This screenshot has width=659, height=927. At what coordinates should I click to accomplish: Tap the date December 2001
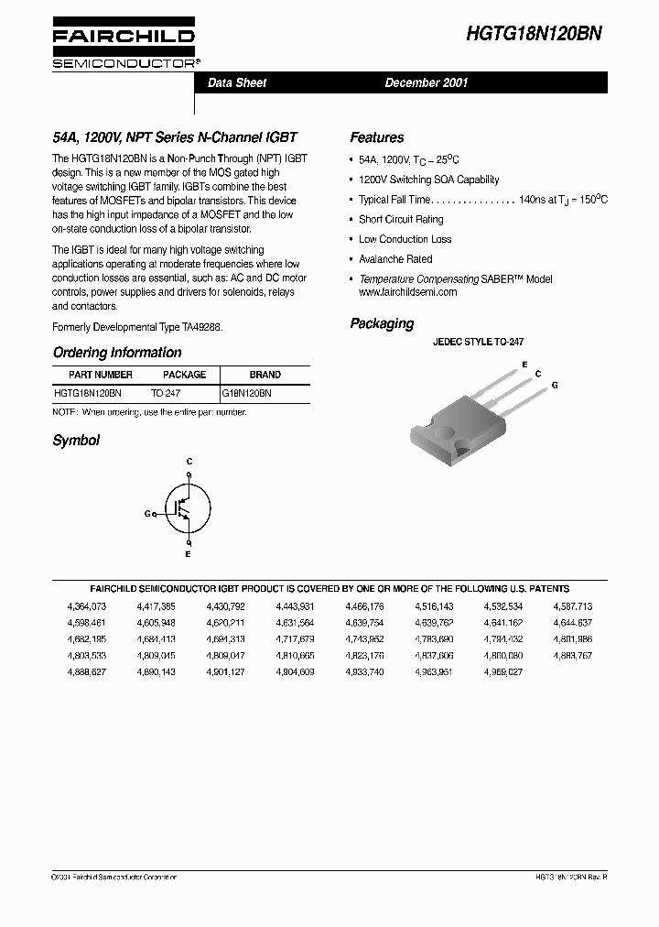tap(427, 82)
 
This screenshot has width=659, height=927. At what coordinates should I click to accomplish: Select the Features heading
tap(376, 137)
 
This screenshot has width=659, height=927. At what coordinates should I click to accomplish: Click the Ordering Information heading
tap(117, 353)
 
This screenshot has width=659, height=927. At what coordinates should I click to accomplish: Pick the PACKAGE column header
tap(184, 375)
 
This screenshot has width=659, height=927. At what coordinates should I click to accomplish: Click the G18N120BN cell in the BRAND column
tap(247, 392)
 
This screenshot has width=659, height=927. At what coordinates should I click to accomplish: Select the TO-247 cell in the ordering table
tap(166, 392)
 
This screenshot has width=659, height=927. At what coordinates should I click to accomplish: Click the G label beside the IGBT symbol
tap(147, 514)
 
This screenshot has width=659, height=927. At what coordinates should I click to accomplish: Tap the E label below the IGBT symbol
tap(189, 555)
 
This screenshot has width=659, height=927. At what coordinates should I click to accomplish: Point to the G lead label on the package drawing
tap(554, 386)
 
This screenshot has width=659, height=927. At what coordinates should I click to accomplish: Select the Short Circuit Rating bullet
tap(401, 219)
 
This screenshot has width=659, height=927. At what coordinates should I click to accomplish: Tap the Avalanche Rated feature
tap(395, 259)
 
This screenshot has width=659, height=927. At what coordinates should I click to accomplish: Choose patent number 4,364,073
tap(87, 606)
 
